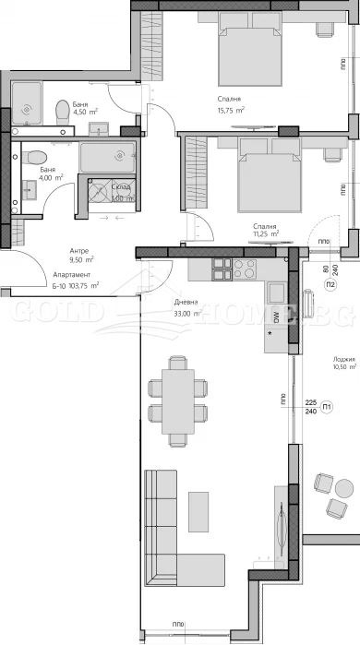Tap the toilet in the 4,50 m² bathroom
tap(62, 112)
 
